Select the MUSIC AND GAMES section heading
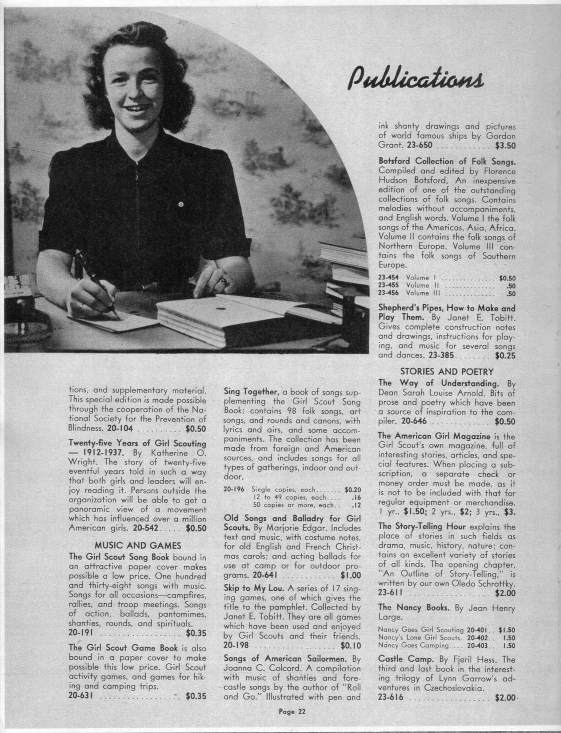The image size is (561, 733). point(138,546)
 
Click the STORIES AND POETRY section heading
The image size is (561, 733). point(447,371)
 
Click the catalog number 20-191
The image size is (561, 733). point(81,633)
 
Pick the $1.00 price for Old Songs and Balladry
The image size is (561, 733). point(351,575)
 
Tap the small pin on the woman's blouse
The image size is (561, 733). point(180,204)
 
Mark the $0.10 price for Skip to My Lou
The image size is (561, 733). point(351,645)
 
